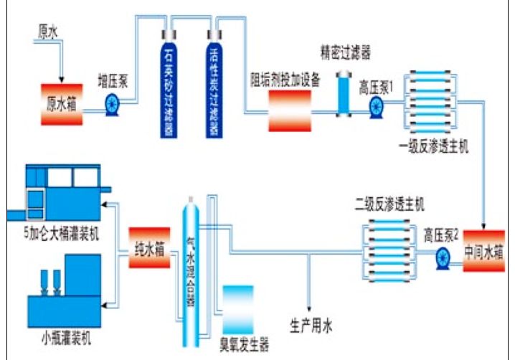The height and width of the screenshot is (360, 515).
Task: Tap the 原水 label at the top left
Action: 48,32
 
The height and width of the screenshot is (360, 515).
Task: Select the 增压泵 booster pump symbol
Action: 113,105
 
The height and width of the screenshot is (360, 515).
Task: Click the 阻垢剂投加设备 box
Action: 290,108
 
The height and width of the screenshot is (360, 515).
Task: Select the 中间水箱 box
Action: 483,252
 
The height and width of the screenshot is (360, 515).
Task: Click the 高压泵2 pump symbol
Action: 443,255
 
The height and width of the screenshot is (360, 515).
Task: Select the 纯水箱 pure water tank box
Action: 149,248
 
